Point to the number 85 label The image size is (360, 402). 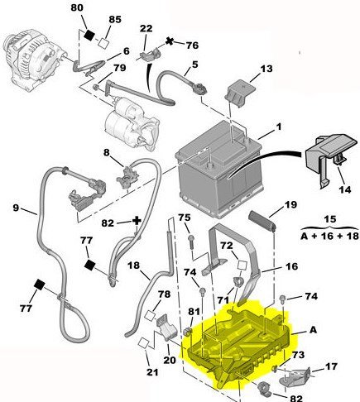point(115,20)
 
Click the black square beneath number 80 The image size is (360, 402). point(89,35)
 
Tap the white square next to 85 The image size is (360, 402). point(103,43)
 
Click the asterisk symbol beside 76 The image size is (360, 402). point(170,41)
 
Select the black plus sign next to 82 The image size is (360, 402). point(137,221)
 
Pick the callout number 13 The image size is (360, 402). point(266,69)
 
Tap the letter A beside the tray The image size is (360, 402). point(313,330)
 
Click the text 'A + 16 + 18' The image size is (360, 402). point(329,236)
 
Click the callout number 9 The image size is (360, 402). point(16,208)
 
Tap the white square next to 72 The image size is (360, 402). point(242,265)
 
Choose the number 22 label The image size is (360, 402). point(146,29)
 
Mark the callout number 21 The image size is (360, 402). point(152,372)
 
